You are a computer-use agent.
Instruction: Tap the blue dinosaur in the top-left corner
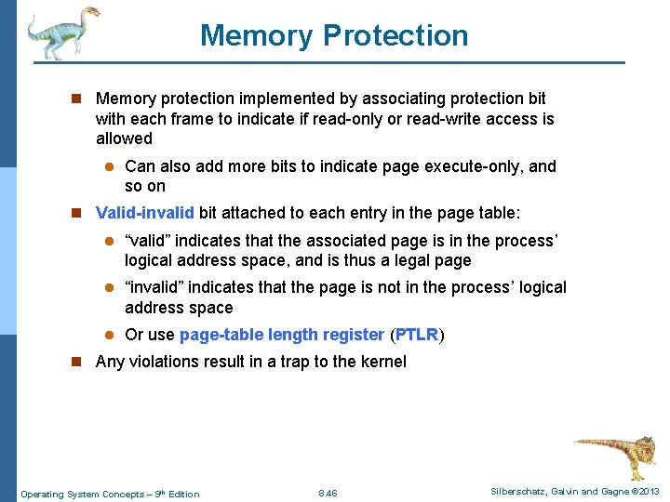click(x=60, y=33)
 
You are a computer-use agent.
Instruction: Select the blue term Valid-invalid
click(x=144, y=213)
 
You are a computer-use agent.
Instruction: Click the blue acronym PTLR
click(x=417, y=335)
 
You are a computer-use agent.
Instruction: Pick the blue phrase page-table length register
click(x=281, y=335)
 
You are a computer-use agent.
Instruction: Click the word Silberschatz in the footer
click(x=514, y=492)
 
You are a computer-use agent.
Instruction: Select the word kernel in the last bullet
click(x=383, y=362)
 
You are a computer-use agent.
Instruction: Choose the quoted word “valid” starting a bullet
click(x=147, y=241)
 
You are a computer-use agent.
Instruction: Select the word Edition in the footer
click(x=183, y=494)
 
